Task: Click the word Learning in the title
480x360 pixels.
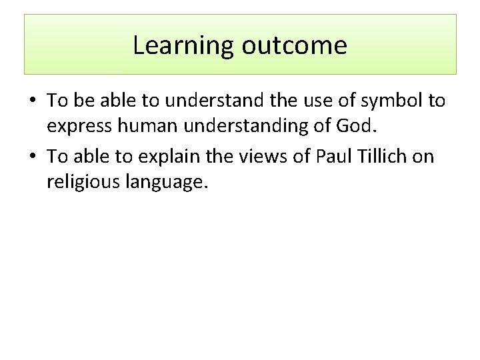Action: click(x=183, y=46)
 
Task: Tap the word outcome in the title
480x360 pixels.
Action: click(x=294, y=46)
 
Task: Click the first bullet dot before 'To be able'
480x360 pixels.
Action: click(x=32, y=101)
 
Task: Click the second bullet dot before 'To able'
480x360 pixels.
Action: click(x=32, y=157)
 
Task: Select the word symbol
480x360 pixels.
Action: click(x=384, y=101)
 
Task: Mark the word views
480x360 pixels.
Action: click(x=263, y=157)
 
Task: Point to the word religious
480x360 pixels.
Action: click(x=84, y=182)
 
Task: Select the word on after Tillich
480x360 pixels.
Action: click(x=425, y=157)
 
